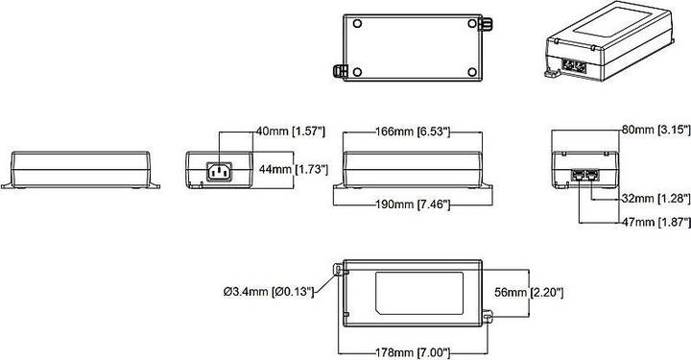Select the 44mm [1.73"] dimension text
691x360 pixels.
click(x=295, y=169)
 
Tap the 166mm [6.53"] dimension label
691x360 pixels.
click(x=411, y=131)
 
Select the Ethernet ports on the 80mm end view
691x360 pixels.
click(x=584, y=177)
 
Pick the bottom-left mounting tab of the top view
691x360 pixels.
click(x=338, y=70)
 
